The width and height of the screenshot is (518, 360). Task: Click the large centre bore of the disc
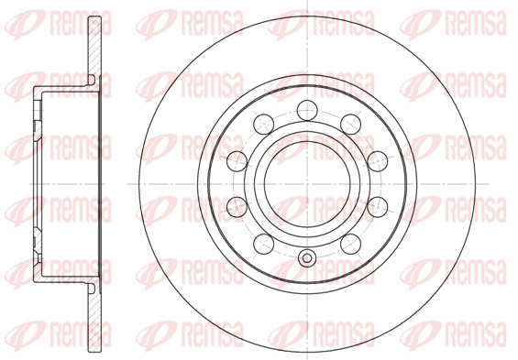pos(307,184)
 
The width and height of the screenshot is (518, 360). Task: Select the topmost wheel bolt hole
pos(307,110)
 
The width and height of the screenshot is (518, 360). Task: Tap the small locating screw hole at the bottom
pos(307,258)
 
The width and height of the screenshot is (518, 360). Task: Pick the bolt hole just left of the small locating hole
pos(264,244)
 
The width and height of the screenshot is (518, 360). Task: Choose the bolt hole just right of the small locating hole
pos(350,244)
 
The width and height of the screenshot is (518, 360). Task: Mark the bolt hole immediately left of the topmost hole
pos(264,124)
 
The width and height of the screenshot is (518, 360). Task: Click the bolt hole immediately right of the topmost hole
pos(350,124)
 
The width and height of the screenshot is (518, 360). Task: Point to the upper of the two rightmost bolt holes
pos(378,161)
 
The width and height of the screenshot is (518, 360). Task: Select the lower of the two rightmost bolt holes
pos(378,206)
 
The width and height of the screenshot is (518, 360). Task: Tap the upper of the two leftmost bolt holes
pos(237,161)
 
